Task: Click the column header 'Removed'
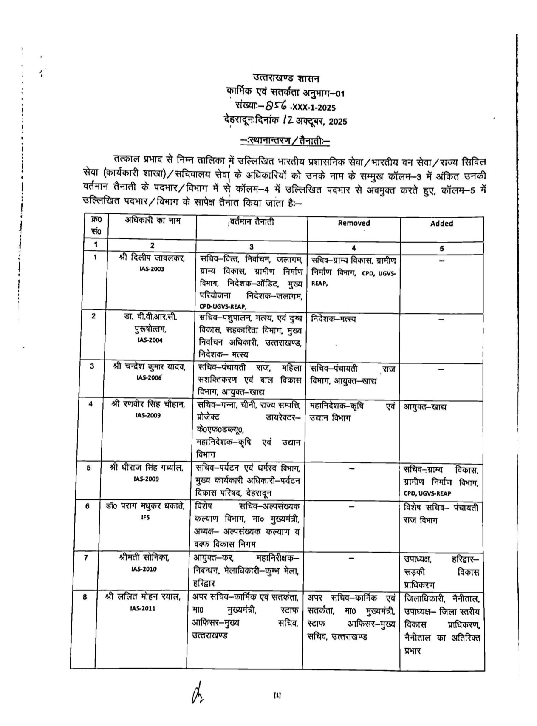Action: [353, 223]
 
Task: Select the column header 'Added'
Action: [441, 224]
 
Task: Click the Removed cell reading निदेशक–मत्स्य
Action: [334, 319]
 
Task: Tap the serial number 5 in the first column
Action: [89, 468]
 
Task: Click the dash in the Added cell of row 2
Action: [441, 319]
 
